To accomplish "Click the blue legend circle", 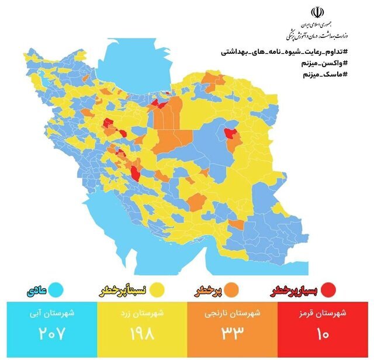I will (56, 289).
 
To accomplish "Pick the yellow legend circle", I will (156, 289).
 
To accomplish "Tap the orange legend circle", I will (231, 289).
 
